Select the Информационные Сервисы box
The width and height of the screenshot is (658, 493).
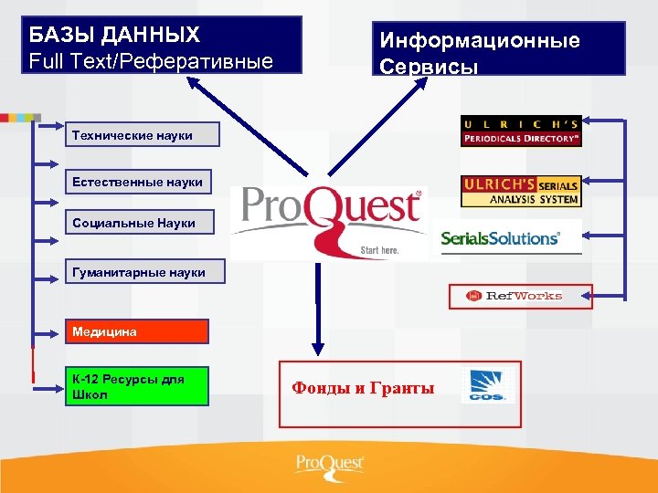[x=498, y=48]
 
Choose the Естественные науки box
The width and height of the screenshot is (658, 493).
[x=138, y=182]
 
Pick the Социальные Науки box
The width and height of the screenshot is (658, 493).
[x=139, y=222]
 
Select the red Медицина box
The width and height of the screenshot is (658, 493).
[x=136, y=331]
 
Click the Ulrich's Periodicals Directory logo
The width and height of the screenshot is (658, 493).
[x=521, y=131]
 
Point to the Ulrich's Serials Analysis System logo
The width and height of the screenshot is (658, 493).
[x=521, y=190]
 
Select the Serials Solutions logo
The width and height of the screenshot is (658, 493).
[x=500, y=238]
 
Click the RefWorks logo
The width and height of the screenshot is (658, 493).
[x=520, y=296]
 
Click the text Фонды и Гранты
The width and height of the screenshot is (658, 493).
[x=363, y=388]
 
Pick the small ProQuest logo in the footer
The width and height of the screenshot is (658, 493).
[x=329, y=465]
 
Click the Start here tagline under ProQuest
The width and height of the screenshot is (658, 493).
[x=380, y=249]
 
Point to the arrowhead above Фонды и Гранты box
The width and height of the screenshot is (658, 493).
[x=317, y=348]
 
